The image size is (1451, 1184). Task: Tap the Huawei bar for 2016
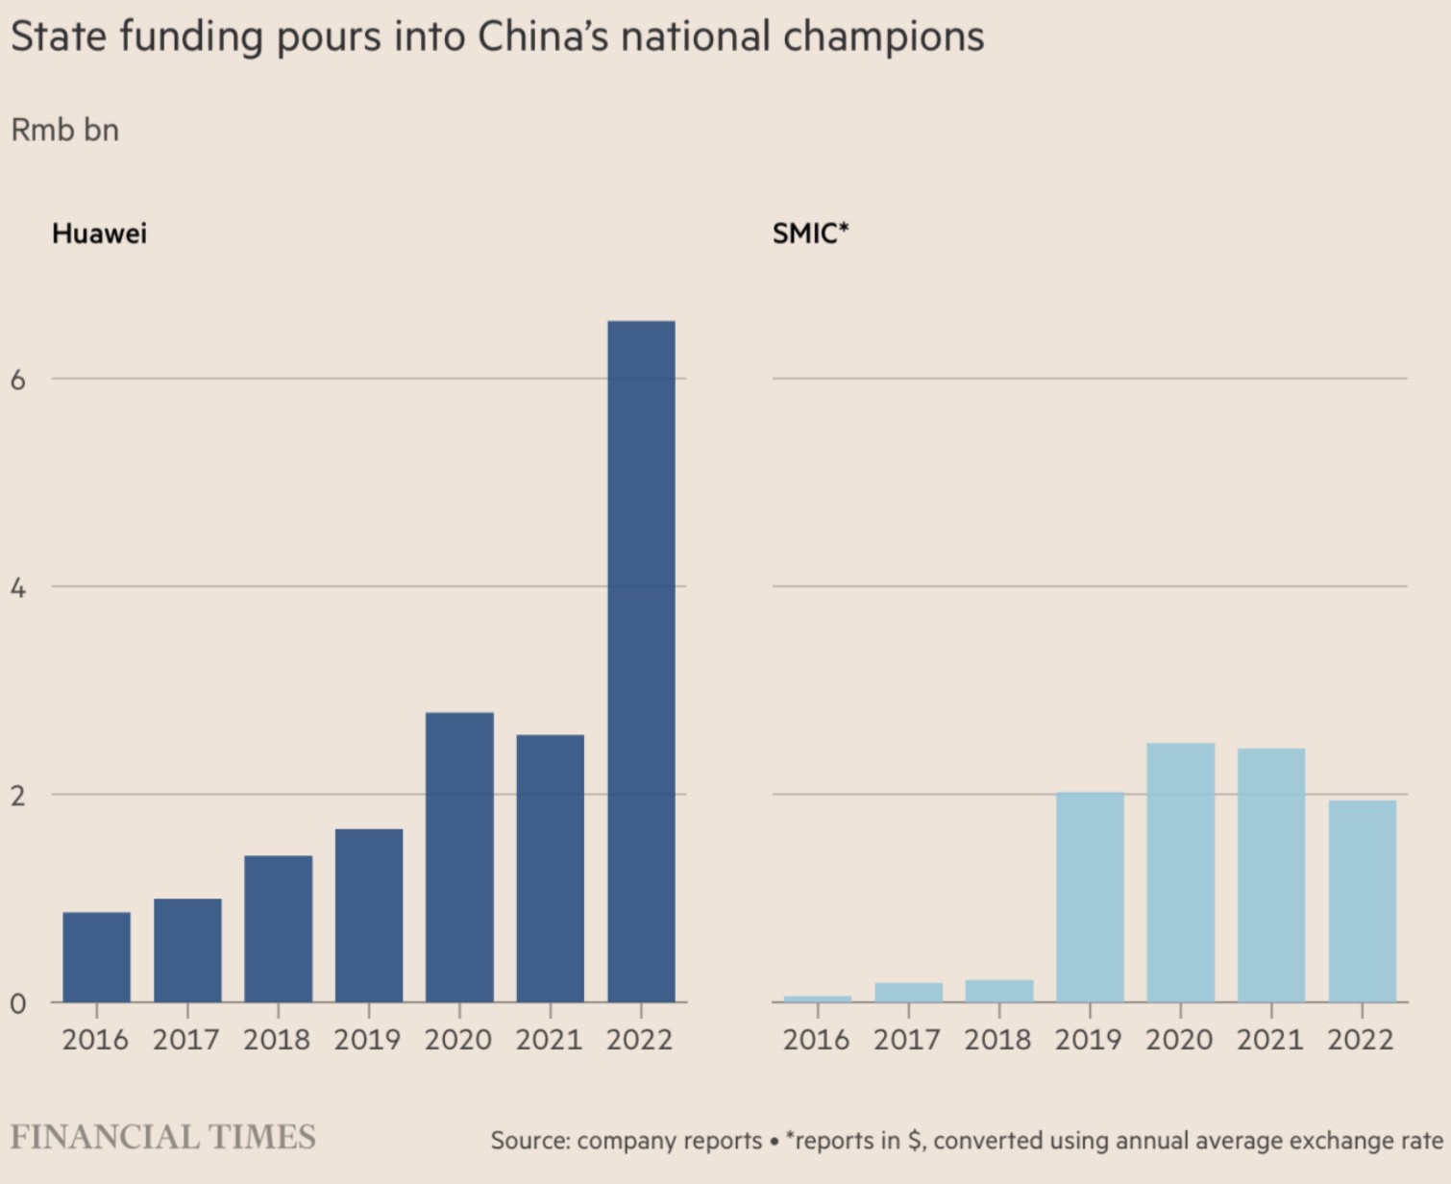(96, 957)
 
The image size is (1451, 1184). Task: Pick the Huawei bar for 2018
(278, 928)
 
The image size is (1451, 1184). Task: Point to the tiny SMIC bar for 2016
(817, 999)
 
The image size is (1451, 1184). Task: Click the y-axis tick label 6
(18, 380)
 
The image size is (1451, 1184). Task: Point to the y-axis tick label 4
(18, 587)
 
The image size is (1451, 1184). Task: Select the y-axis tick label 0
(18, 1003)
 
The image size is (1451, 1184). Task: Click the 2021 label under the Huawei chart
(549, 1040)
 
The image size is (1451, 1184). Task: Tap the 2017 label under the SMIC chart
(906, 1040)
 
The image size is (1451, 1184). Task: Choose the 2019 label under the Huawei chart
(367, 1040)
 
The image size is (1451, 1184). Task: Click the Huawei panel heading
(99, 234)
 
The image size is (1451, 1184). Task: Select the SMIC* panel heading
(810, 234)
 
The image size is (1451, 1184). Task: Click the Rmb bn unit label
(64, 130)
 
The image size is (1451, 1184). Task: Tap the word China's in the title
(543, 37)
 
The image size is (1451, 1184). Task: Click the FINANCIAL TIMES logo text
(162, 1137)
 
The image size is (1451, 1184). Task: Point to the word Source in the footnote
(529, 1141)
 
